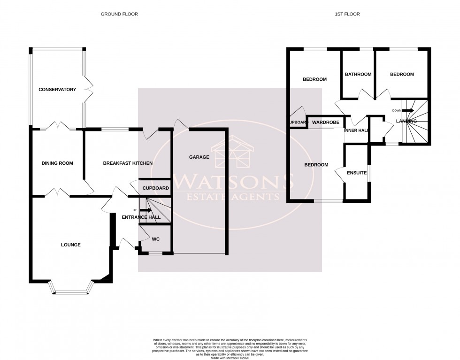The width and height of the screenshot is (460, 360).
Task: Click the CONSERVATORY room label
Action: tap(57, 90)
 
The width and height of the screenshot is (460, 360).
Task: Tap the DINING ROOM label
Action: tap(57, 163)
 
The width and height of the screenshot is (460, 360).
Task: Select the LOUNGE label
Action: tap(70, 245)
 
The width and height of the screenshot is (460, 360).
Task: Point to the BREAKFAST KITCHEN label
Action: tap(128, 163)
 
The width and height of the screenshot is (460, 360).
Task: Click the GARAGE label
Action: tap(199, 157)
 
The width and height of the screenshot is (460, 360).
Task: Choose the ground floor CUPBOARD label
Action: tap(156, 188)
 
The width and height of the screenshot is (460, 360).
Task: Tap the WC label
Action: tap(156, 239)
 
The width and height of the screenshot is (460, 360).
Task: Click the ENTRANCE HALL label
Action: tap(141, 217)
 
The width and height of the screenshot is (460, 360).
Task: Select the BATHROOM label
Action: tap(358, 74)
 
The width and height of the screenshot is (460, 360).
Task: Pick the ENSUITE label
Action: tap(357, 173)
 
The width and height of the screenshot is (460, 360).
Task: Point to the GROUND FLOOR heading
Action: tap(119, 15)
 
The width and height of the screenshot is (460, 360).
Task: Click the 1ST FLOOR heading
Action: tap(347, 15)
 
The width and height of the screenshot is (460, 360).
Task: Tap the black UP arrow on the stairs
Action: tap(146, 210)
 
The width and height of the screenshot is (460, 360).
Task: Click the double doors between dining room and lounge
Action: tap(57, 192)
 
